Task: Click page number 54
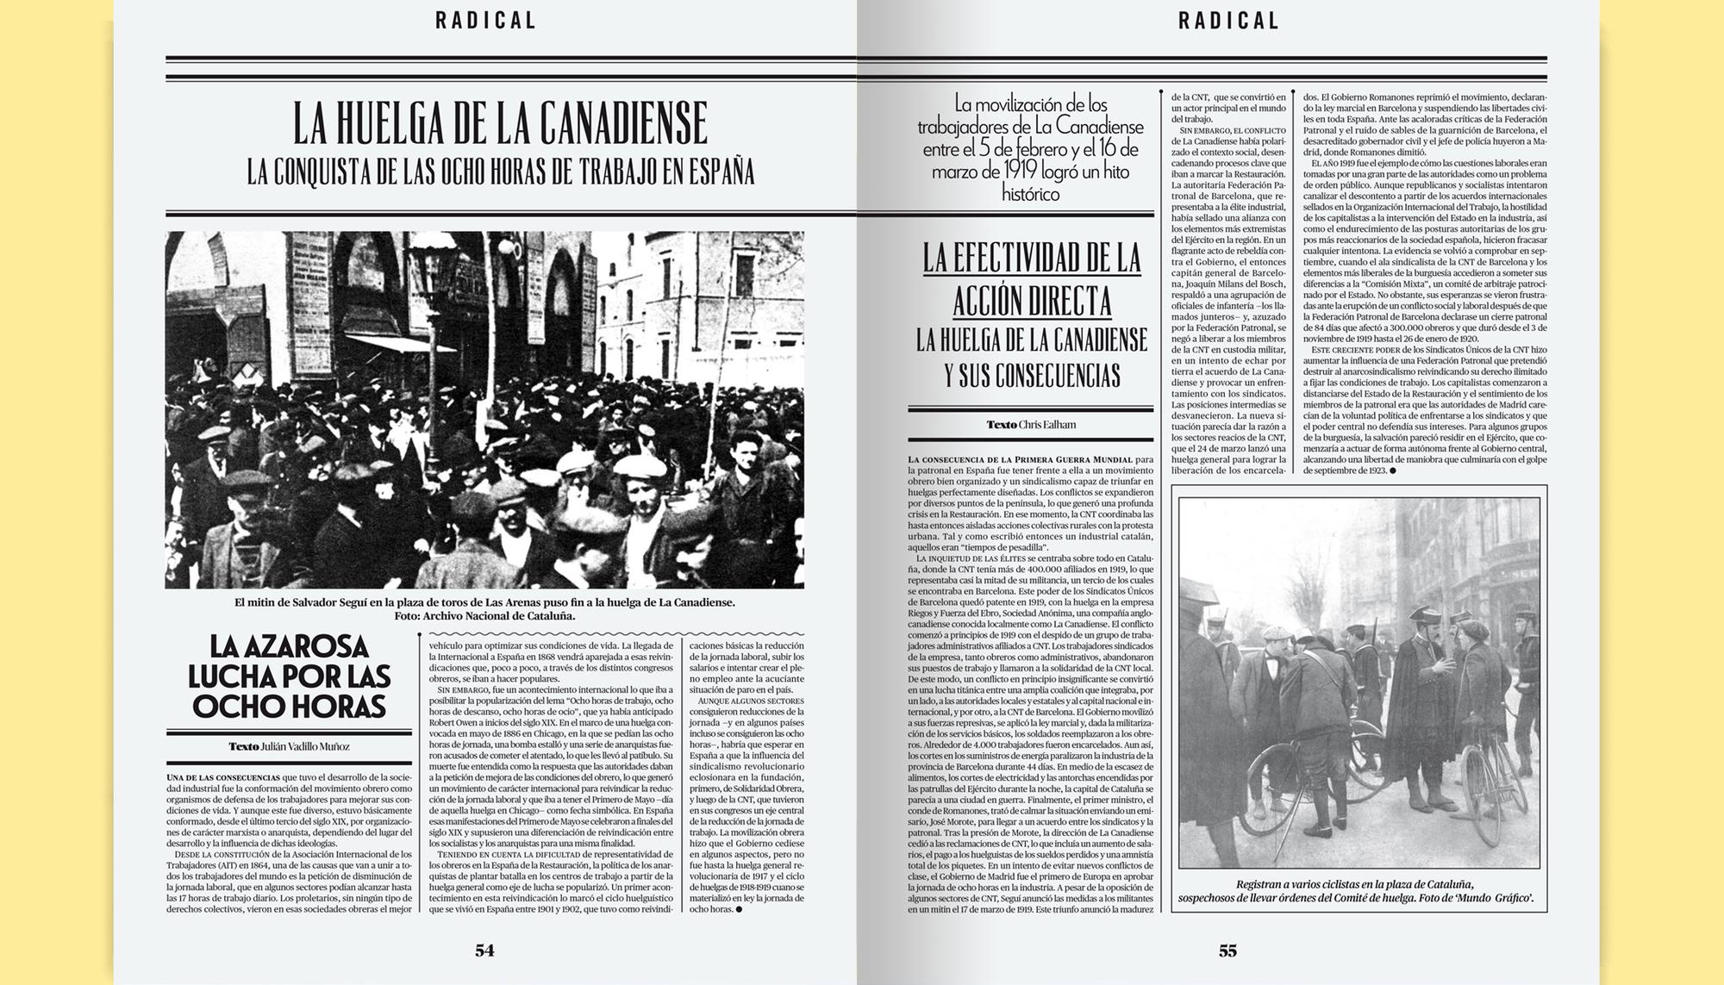tap(484, 951)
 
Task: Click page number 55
tap(1227, 951)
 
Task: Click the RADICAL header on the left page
tap(486, 21)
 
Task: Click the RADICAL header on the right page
tap(1229, 21)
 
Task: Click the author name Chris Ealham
tap(1046, 424)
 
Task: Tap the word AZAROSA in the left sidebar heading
tap(290, 646)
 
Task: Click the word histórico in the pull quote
tap(1031, 194)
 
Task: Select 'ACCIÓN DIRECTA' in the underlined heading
tap(1032, 302)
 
